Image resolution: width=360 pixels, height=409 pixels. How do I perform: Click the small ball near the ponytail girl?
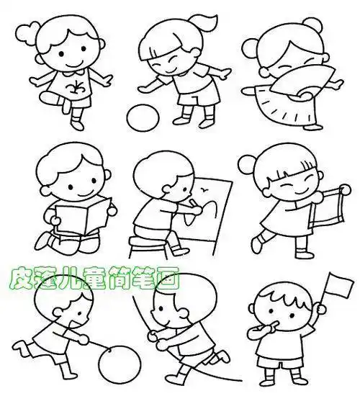point(140,116)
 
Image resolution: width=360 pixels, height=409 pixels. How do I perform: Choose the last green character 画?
point(171,278)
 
